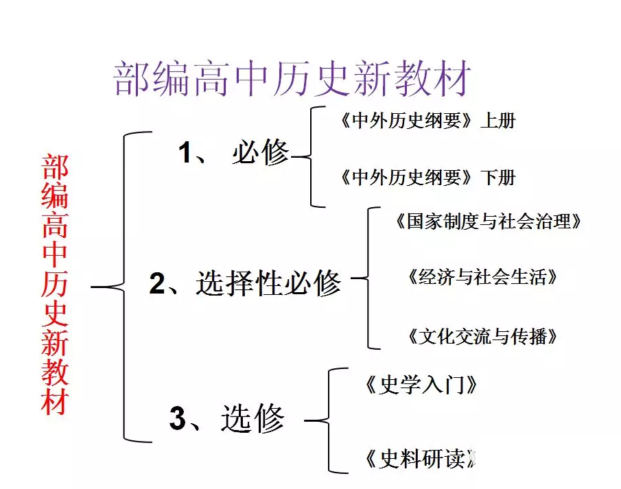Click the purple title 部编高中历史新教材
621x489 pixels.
293,78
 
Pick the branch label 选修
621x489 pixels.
253,418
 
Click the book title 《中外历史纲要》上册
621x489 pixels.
427,121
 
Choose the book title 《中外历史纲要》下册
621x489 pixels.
427,178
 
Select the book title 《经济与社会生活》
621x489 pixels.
481,277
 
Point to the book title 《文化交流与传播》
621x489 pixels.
481,336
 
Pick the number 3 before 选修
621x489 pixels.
177,418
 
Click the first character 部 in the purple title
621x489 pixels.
130,78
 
